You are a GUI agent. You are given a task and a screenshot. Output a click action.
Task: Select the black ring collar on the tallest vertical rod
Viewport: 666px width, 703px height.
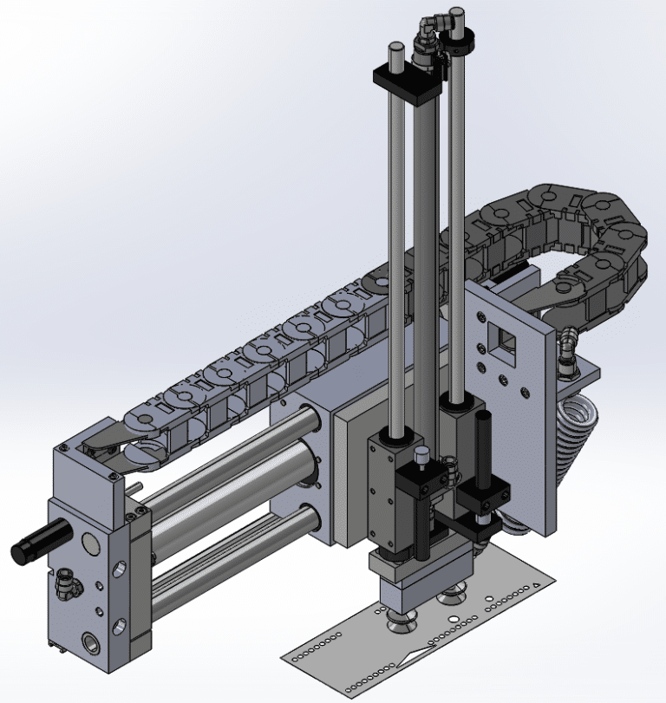(456, 40)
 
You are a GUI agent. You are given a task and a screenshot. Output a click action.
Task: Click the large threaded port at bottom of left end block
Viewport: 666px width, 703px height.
(92, 643)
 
